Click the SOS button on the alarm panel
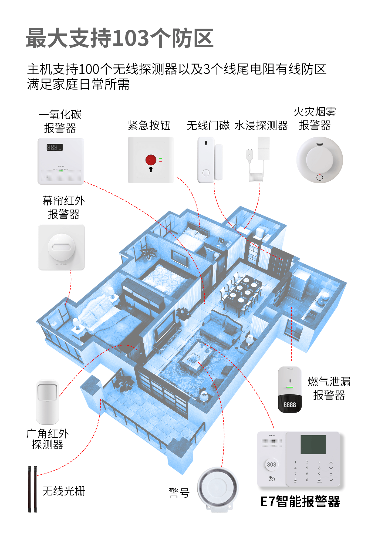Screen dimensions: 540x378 point(271,464)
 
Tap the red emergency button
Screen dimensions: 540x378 point(151,160)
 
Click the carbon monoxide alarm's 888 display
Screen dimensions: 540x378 point(54,147)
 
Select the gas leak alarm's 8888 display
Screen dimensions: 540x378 point(290,405)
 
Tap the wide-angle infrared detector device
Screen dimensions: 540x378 point(48,402)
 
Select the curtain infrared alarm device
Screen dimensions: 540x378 point(62,247)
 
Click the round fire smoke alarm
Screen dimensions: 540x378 point(320,160)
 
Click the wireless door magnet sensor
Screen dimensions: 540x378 point(210,160)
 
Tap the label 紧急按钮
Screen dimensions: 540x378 point(149,126)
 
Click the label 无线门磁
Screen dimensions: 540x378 point(208,126)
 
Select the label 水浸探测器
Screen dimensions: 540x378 point(261,126)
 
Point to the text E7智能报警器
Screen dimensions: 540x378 point(300,502)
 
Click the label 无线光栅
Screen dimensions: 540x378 point(64,491)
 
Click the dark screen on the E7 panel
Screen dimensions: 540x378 point(313,444)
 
